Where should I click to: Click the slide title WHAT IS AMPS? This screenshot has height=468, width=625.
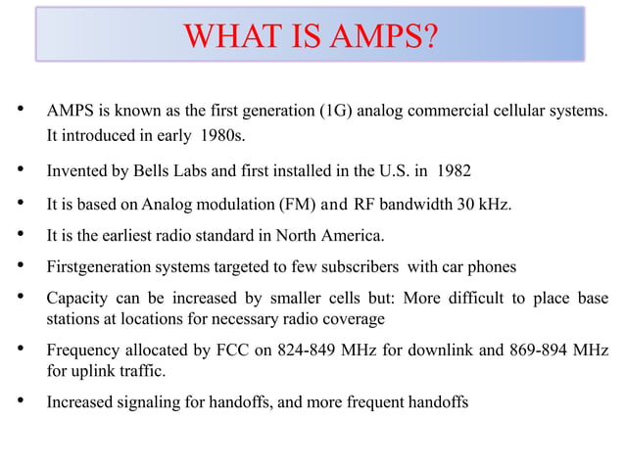(x=311, y=38)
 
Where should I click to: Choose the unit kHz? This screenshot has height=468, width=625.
(x=496, y=204)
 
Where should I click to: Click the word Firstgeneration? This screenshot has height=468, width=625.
(x=93, y=266)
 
